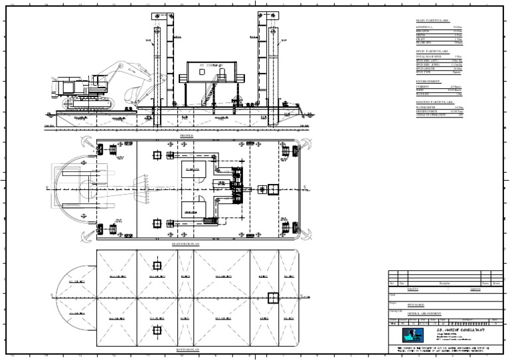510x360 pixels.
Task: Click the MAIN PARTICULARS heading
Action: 432,21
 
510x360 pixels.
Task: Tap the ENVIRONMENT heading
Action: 429,80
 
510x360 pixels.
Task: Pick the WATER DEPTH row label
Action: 425,108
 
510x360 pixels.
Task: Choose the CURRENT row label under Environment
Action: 422,86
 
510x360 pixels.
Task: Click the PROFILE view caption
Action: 186,134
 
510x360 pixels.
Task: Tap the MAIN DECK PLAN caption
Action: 185,244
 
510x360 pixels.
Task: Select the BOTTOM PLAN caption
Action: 185,349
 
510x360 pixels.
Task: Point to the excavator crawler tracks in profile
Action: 86,104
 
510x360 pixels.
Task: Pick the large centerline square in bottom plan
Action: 272,297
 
